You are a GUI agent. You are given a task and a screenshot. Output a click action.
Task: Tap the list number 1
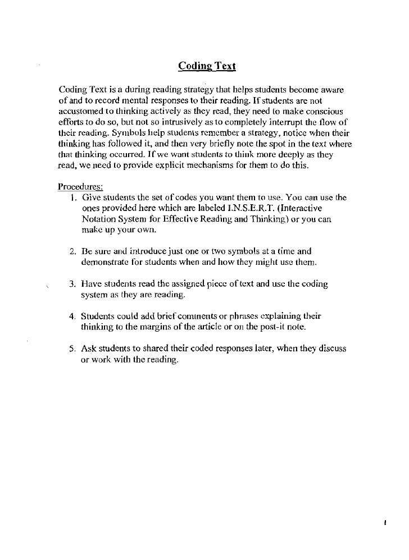coord(73,198)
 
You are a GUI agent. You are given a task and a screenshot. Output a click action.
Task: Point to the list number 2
coord(73,251)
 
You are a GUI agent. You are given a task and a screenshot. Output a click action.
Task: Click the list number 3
coord(73,284)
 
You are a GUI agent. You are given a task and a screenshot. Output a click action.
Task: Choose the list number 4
coord(73,316)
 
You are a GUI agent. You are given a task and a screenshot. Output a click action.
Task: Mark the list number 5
coord(73,348)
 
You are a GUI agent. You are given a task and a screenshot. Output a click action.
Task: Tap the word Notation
coord(99,219)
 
